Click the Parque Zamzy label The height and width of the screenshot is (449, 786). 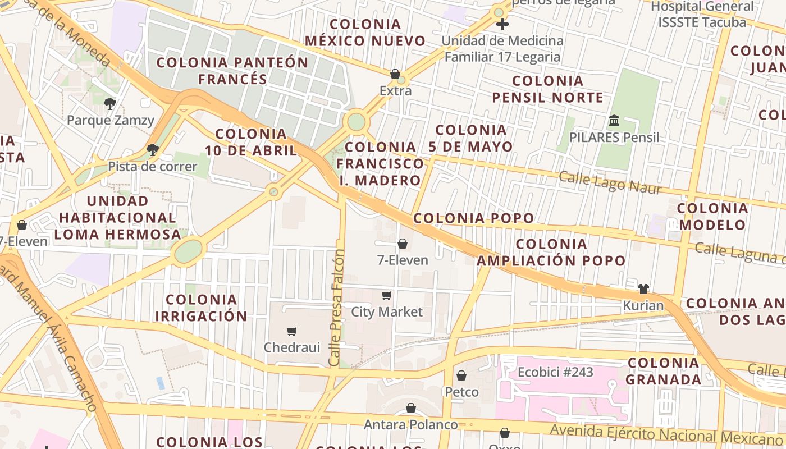point(110,120)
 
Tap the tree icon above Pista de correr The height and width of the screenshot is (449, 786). point(152,149)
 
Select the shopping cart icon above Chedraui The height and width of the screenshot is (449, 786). point(291,331)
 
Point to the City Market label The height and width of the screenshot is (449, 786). point(387,312)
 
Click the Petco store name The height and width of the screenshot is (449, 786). point(461,392)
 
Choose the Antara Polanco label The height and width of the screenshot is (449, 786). point(410,425)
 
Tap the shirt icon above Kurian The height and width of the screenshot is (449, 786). point(643,289)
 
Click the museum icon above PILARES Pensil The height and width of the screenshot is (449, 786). point(614,121)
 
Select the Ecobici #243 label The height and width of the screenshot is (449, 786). point(555,373)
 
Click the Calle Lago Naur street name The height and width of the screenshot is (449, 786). point(610,182)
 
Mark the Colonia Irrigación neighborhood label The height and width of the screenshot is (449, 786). point(201,308)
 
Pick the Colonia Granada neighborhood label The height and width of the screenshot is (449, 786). point(663,371)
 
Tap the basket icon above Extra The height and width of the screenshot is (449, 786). point(395,74)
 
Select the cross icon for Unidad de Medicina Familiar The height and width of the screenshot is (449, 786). point(502,24)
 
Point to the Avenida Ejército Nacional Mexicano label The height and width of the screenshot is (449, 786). point(666,434)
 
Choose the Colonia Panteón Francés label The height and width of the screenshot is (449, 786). point(232,71)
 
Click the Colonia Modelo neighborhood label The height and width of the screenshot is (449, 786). point(712,217)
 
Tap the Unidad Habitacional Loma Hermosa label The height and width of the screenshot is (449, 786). point(118,217)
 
